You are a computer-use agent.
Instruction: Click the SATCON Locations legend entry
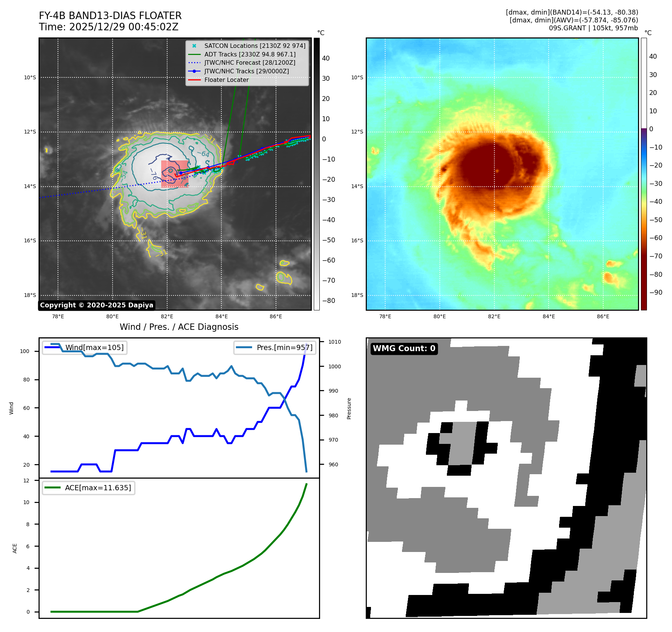tap(254, 46)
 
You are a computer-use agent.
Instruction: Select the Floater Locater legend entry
tap(226, 80)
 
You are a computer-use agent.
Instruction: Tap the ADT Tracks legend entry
tap(250, 54)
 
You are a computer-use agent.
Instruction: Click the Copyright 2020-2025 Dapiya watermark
tap(96, 305)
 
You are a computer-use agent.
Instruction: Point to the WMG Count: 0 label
tap(404, 349)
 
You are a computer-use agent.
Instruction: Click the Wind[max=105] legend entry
tap(94, 347)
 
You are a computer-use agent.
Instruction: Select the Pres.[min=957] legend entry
tap(284, 347)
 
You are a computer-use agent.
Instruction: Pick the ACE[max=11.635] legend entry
tap(98, 488)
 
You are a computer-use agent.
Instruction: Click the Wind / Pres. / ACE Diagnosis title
tap(179, 327)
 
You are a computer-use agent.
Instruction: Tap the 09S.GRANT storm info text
tap(593, 28)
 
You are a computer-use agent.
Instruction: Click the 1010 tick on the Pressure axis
tap(335, 342)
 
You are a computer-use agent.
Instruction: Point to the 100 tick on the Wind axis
tap(25, 351)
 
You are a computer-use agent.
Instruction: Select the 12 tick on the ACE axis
tap(26, 481)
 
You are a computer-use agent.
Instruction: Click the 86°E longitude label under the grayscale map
tap(276, 317)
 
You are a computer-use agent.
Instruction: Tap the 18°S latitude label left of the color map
tap(357, 295)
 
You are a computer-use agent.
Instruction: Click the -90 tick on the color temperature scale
tap(656, 292)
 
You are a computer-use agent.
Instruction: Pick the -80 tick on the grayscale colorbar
tap(329, 301)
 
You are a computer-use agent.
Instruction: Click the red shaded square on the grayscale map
tap(175, 174)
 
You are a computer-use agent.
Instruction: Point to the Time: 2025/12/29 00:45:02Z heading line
tap(108, 27)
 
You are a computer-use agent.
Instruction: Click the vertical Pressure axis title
tap(349, 408)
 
